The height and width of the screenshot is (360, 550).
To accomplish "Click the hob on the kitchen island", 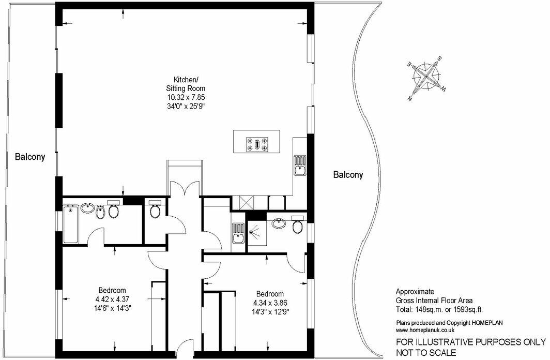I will [x=257, y=143].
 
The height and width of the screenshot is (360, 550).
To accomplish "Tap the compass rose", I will [x=426, y=77].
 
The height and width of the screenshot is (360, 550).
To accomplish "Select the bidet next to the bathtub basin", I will [x=100, y=211].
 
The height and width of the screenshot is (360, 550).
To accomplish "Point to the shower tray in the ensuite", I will [x=255, y=232].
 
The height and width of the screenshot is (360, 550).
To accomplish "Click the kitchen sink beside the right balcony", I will [x=300, y=164].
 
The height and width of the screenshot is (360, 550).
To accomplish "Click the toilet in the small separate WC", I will [x=155, y=211].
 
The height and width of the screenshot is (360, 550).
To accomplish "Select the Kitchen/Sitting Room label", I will [x=185, y=84].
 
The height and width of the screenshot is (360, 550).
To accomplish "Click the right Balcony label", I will [x=347, y=175].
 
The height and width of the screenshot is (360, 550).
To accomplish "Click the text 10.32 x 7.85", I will [x=185, y=97].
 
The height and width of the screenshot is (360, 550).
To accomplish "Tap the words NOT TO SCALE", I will [x=426, y=353].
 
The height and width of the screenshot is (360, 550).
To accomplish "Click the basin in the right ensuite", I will [x=279, y=224].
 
